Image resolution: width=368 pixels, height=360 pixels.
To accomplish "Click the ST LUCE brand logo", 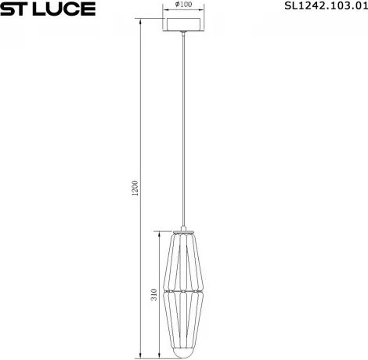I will (x=48, y=9).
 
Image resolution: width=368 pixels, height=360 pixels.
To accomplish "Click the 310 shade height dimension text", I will (x=154, y=294).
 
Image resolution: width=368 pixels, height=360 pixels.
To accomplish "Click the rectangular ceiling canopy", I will (x=184, y=23).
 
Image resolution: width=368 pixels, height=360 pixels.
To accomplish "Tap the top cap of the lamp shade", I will (x=184, y=232).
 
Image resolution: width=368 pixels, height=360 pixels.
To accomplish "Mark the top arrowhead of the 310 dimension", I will (x=159, y=232).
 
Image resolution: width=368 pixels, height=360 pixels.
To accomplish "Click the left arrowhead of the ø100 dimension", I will (x=165, y=10).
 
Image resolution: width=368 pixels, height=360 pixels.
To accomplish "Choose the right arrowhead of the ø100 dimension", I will (x=203, y=10).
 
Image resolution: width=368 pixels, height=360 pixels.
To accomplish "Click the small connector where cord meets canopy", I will (x=184, y=34).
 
